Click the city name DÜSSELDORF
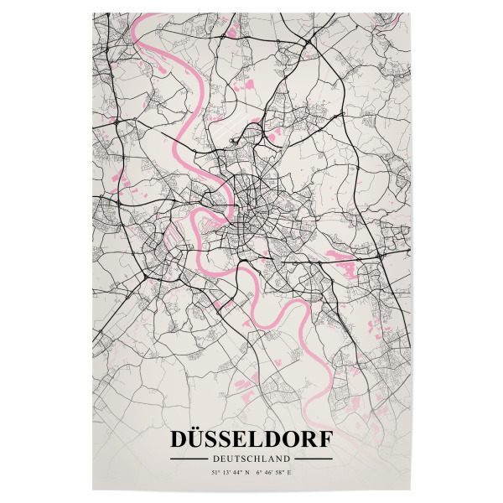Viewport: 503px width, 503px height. pos(251,440)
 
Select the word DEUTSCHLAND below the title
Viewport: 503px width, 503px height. pos(251,459)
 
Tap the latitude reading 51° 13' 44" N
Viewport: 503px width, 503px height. pos(231,474)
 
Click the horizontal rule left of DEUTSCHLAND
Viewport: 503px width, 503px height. pos(189,459)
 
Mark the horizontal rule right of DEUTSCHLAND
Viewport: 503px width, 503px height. pos(313,459)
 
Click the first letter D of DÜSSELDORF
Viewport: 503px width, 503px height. pos(180,440)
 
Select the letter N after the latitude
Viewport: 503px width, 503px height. pos(249,474)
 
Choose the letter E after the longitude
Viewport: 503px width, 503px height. pos(292,474)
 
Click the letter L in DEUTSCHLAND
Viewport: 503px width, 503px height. pos(270,459)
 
